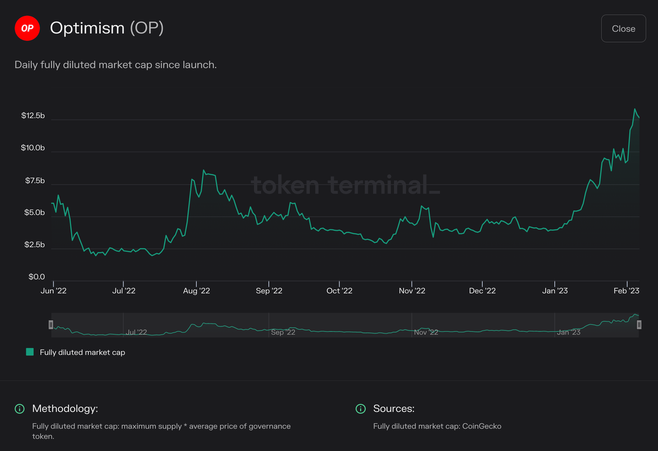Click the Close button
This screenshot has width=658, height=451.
[623, 28]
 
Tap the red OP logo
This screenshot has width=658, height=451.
[27, 28]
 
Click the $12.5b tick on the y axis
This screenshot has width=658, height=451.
[33, 116]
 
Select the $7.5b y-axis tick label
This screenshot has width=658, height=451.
[33, 181]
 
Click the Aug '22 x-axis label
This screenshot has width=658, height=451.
[196, 290]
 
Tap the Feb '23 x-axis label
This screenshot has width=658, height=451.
[626, 290]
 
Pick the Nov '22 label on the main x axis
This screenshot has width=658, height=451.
[412, 290]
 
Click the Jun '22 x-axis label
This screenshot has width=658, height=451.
[53, 290]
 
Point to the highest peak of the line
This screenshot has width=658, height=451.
[635, 109]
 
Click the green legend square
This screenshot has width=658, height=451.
[30, 352]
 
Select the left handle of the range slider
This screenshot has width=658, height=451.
[50, 325]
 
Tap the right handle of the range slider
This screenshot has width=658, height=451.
[639, 325]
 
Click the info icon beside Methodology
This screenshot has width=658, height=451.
[20, 409]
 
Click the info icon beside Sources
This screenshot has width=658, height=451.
[361, 409]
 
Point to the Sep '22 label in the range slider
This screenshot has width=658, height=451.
[283, 332]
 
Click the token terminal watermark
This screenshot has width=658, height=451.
[345, 185]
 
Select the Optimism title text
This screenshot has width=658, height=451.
[87, 28]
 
